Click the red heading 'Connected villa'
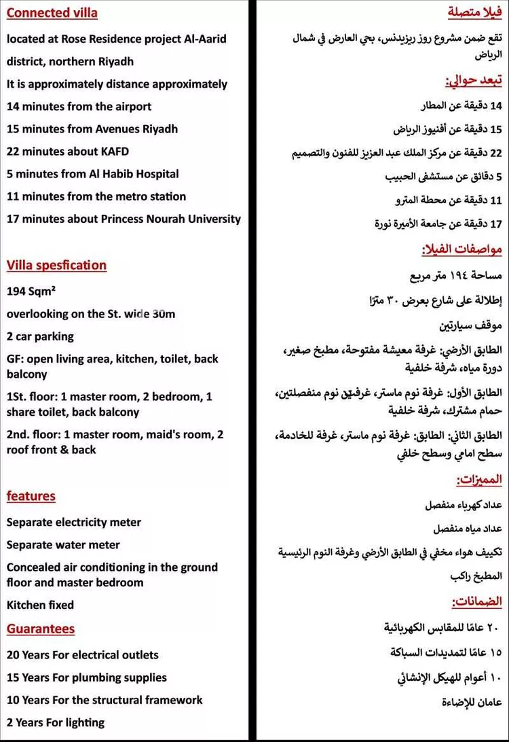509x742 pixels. click(x=52, y=13)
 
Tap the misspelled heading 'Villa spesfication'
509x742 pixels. click(x=56, y=265)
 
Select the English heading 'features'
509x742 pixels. click(x=31, y=496)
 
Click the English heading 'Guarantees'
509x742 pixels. click(x=41, y=629)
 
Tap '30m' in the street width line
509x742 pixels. click(x=164, y=314)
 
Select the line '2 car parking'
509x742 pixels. click(x=40, y=336)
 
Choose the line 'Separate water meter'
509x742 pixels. click(x=63, y=545)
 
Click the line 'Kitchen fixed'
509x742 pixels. click(x=40, y=605)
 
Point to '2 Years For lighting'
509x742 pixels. click(x=56, y=722)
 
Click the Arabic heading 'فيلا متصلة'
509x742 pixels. click(x=475, y=13)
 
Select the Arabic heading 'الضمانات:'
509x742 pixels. click(x=477, y=601)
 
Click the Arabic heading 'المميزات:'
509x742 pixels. click(x=479, y=480)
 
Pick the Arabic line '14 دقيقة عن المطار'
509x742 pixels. click(x=461, y=106)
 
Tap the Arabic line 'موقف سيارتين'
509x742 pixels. click(x=470, y=325)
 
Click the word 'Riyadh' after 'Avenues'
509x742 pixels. click(x=159, y=129)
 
